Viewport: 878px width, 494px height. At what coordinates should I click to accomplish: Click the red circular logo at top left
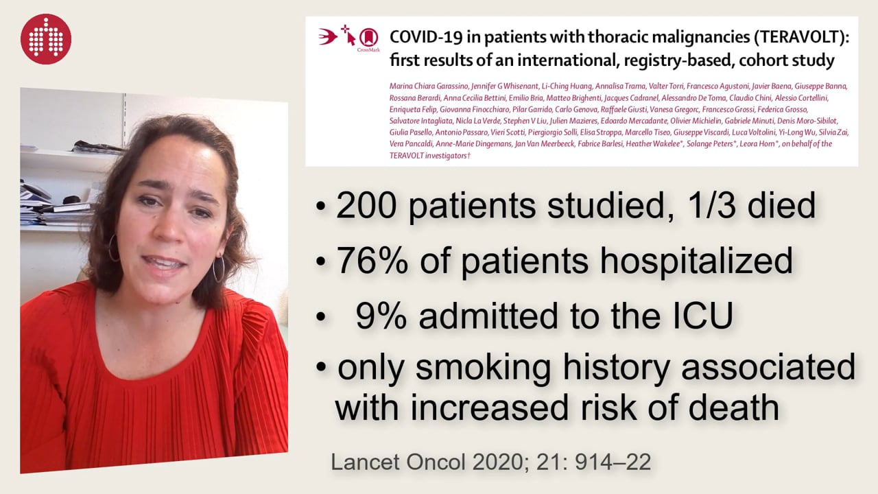pos(46,39)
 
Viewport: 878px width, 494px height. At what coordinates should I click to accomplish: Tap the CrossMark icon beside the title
pos(369,39)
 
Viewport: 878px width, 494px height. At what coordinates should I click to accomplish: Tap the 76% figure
pos(372,260)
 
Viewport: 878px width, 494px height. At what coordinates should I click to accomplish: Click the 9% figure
pos(381,315)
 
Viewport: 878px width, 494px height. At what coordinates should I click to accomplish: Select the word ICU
pos(702,315)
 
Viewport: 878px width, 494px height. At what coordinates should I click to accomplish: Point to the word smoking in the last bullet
pos(483,368)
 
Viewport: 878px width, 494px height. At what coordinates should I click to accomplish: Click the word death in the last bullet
pos(733,408)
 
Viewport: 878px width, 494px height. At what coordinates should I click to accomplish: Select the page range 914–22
pos(613,462)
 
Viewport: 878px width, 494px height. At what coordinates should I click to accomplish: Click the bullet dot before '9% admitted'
pos(320,317)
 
